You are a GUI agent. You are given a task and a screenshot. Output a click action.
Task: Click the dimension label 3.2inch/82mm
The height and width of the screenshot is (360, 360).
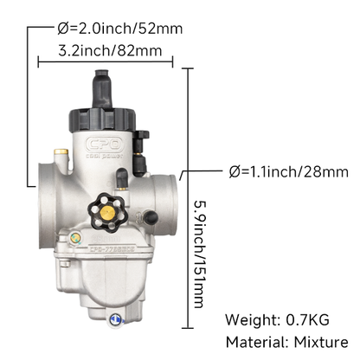point(110,51)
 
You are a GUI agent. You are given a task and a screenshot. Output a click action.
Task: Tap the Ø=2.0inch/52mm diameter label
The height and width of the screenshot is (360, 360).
point(120,29)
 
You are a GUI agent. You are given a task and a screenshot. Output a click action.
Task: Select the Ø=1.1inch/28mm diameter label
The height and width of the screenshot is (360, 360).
point(289,171)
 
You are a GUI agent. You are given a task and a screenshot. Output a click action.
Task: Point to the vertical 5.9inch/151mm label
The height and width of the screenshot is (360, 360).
point(200,254)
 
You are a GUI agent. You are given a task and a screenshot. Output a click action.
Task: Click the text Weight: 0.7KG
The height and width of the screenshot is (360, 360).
point(277,319)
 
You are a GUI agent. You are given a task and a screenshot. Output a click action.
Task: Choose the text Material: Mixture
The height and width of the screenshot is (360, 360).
point(287,343)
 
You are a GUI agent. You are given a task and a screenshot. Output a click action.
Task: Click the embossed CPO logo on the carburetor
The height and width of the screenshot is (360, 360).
point(105,144)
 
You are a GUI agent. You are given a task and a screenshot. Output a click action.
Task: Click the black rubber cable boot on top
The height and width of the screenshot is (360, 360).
point(102,89)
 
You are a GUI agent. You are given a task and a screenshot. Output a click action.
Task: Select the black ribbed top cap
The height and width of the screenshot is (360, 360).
point(102,119)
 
